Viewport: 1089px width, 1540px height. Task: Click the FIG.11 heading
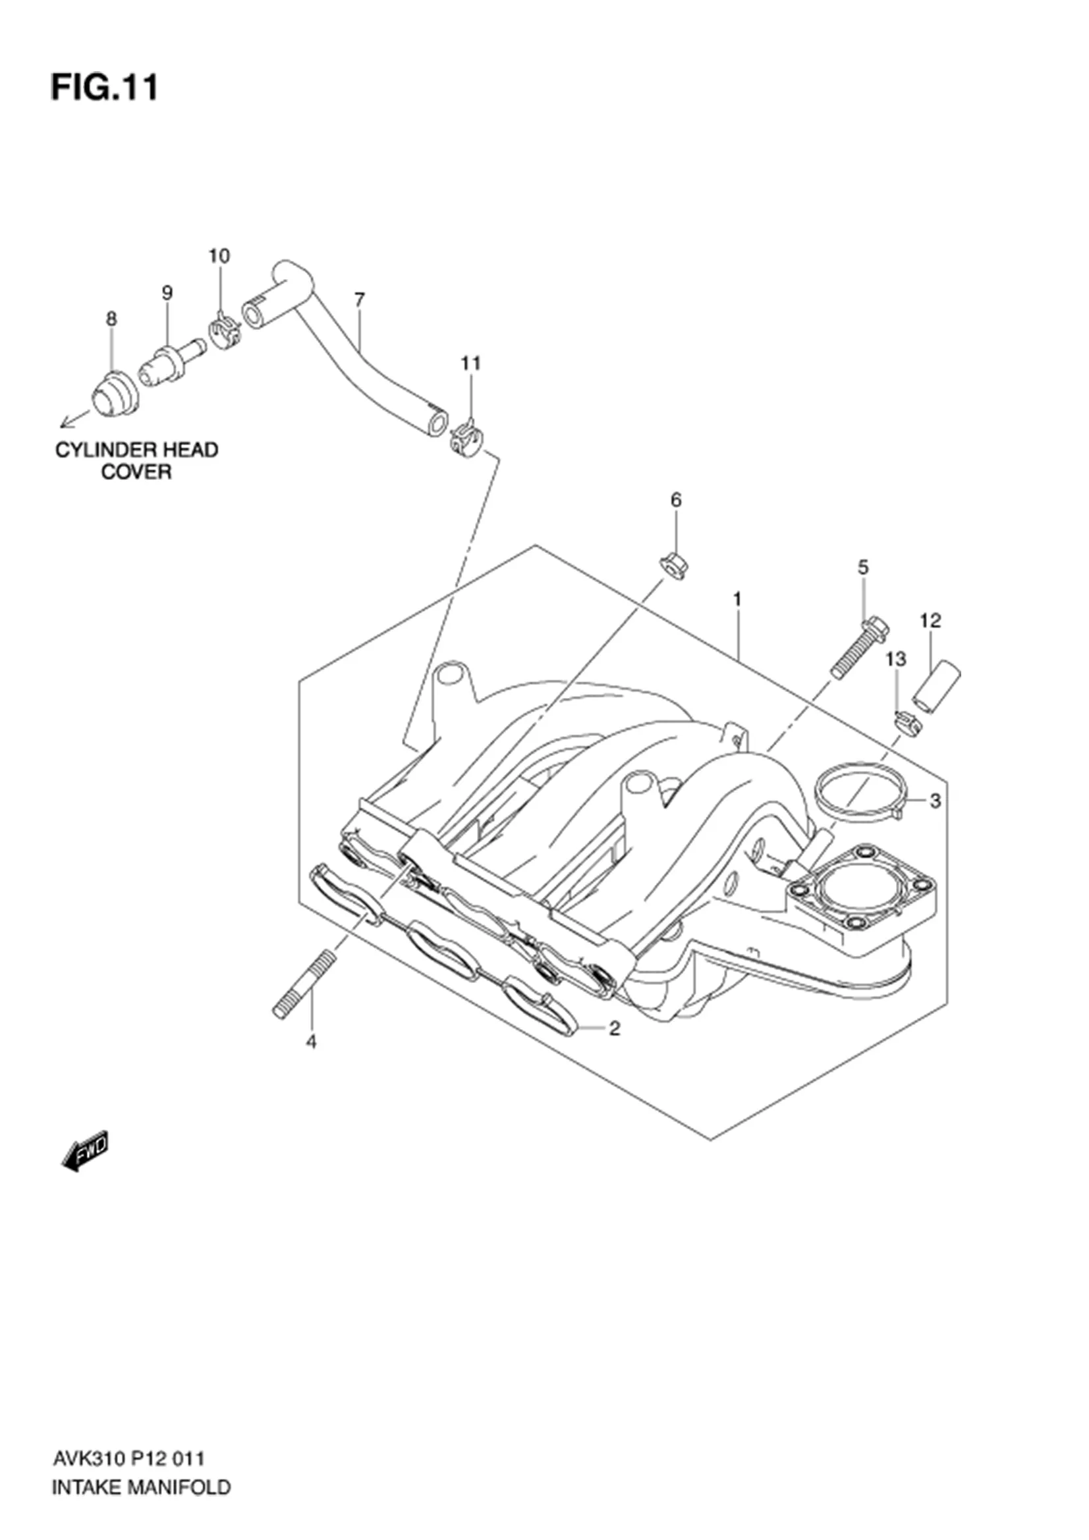click(104, 88)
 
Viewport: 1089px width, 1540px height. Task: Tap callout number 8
click(111, 319)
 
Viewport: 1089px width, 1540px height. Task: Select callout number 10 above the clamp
click(219, 255)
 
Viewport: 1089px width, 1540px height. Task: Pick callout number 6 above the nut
click(676, 500)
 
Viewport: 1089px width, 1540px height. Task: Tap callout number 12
click(930, 620)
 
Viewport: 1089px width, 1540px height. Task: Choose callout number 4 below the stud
click(311, 1042)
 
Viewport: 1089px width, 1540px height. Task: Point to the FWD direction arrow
click(84, 1152)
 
